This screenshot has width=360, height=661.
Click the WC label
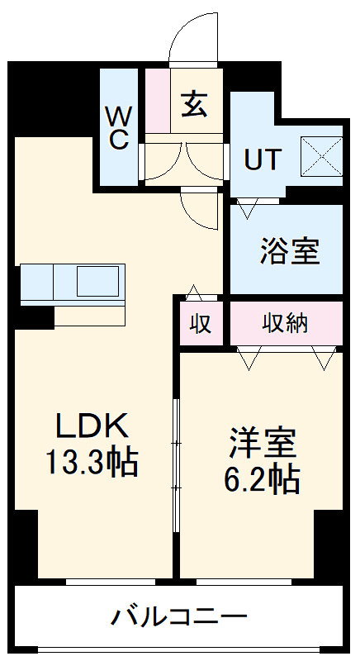point(118,126)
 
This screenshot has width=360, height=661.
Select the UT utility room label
point(263,158)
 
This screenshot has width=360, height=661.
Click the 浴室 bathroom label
point(290,251)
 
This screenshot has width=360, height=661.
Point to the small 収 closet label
point(199,323)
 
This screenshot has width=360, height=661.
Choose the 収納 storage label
point(286,323)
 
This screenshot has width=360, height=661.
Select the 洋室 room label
point(263,443)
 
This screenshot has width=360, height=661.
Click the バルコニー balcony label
point(179,616)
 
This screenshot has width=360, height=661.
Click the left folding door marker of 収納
point(249,357)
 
